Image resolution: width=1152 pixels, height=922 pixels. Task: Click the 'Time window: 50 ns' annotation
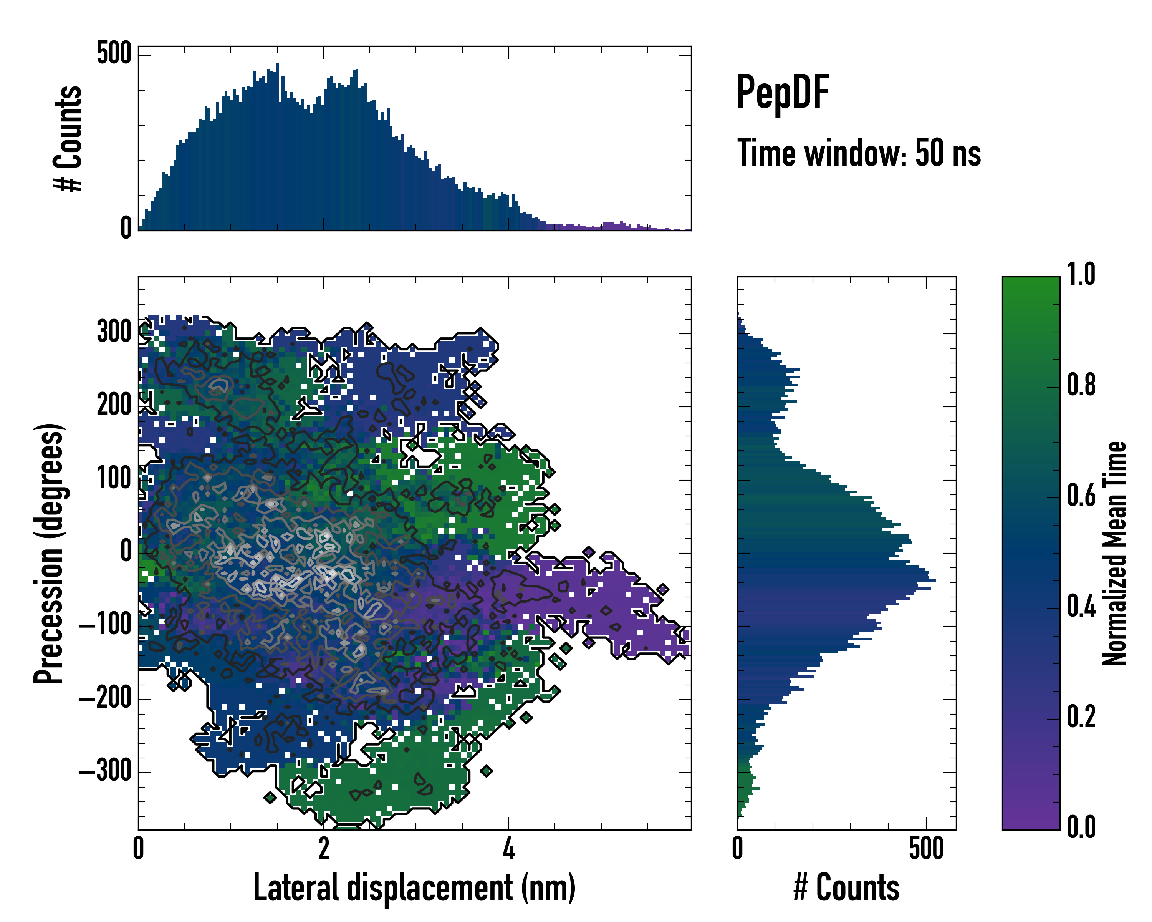[859, 153]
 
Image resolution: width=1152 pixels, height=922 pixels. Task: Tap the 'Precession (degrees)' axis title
[49, 553]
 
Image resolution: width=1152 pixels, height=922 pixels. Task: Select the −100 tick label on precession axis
[105, 624]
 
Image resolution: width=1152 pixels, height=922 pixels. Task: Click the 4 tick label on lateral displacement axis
[509, 849]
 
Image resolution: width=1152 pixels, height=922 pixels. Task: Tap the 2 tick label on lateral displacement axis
[323, 849]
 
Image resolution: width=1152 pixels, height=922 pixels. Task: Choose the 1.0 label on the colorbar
[1081, 275]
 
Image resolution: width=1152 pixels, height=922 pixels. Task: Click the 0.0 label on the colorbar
[1081, 827]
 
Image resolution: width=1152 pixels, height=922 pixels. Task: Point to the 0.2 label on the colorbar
[1081, 717]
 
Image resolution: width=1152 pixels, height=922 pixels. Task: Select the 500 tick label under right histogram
[926, 849]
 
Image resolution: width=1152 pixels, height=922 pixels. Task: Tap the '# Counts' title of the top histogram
[68, 138]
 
